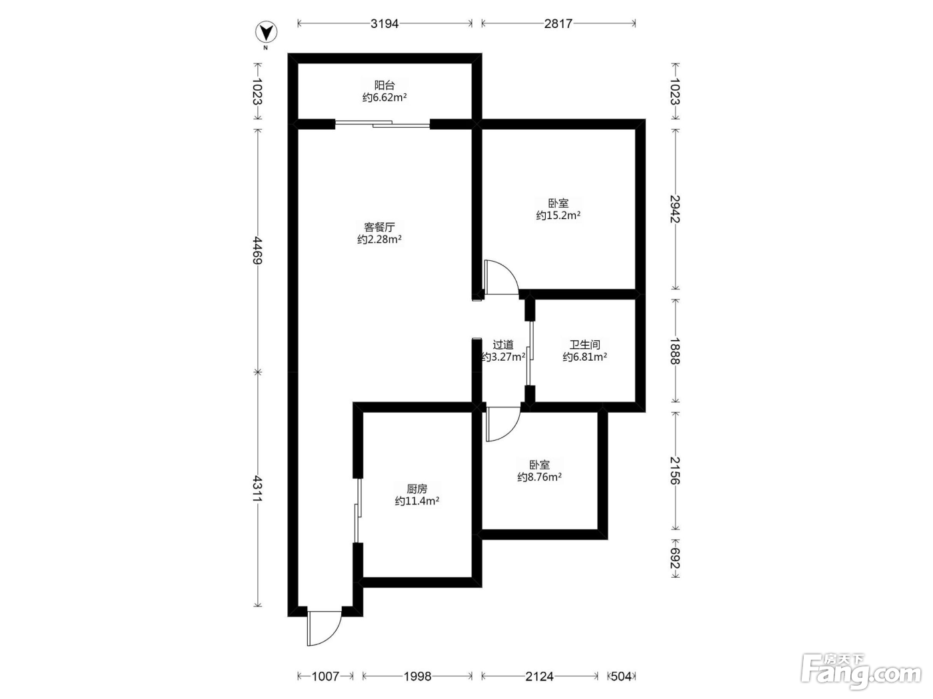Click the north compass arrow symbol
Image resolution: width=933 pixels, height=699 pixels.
(x=266, y=32)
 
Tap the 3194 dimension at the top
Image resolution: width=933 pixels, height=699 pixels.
(x=385, y=24)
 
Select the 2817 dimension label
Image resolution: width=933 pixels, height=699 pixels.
(x=558, y=24)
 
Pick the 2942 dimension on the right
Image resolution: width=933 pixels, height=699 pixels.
(x=675, y=209)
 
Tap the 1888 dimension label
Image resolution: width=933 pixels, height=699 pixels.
(x=675, y=351)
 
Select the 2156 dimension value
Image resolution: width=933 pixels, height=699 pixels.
(x=675, y=471)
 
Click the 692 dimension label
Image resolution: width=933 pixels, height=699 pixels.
(x=675, y=558)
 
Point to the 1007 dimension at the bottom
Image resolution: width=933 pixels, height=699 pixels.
(x=326, y=676)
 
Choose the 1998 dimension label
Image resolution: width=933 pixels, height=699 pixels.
(x=417, y=676)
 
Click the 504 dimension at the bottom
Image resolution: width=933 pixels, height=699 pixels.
(x=621, y=676)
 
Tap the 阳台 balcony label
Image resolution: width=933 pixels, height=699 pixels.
(x=385, y=85)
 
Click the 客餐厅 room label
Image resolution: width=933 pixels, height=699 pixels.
(x=380, y=226)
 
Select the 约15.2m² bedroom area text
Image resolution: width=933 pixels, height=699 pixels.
(x=558, y=215)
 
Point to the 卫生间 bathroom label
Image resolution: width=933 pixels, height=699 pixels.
(x=585, y=345)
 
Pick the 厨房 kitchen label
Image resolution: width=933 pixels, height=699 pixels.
(x=417, y=489)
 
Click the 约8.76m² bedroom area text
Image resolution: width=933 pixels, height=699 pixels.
(x=539, y=477)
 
